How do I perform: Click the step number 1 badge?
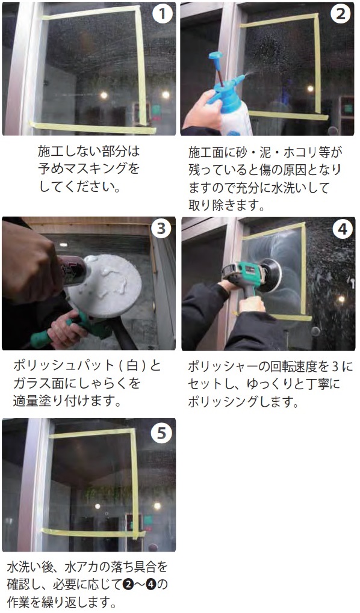(x=162, y=14)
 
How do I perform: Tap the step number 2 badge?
(x=341, y=14)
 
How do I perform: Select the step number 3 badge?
(x=161, y=229)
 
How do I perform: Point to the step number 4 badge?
(x=342, y=229)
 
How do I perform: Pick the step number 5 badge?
(x=161, y=433)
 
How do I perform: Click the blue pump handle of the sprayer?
(x=215, y=56)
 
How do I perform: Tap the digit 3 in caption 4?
(x=335, y=366)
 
